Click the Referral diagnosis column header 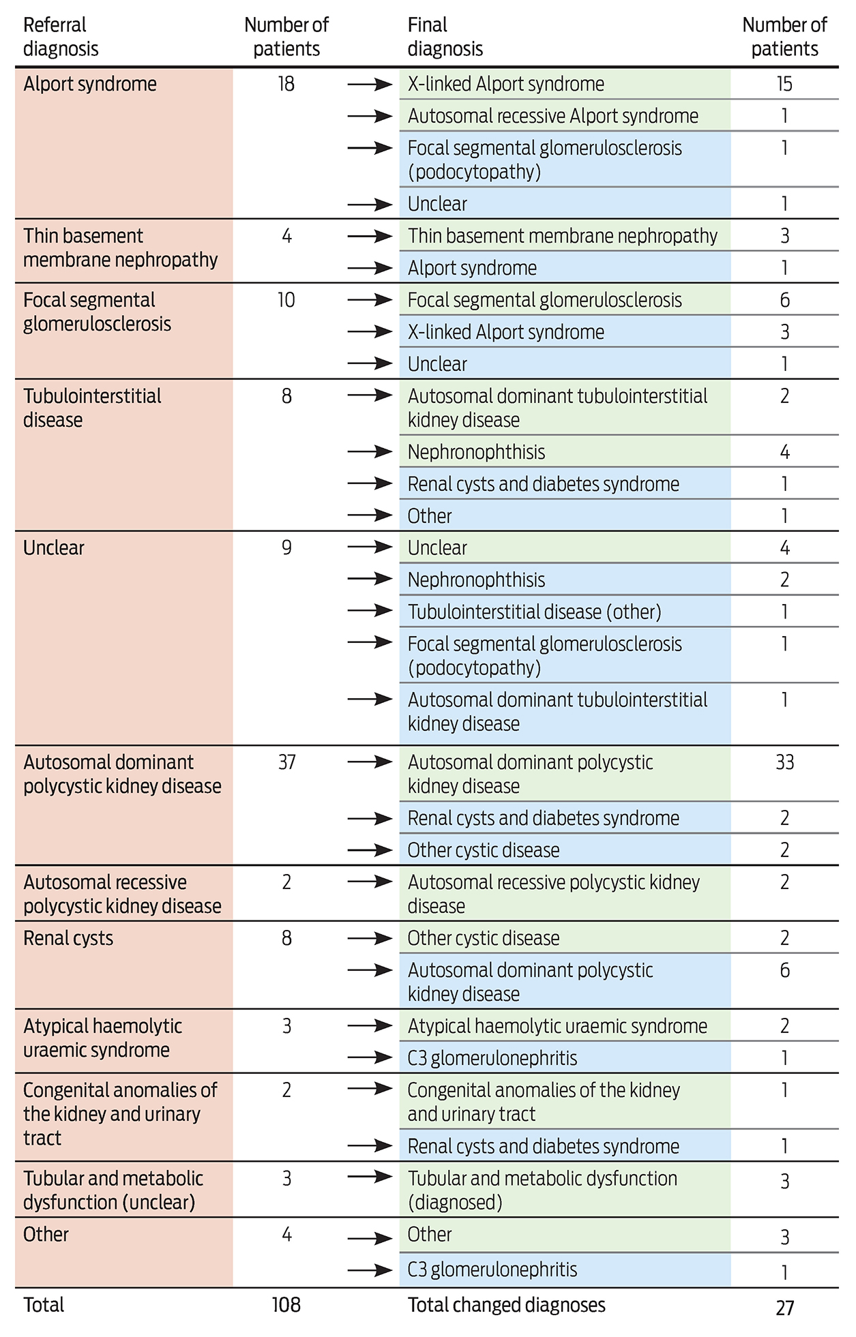coord(61,37)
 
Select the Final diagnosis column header coord(445,37)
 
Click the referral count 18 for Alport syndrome coord(286,84)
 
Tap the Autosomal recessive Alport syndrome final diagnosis coord(552,116)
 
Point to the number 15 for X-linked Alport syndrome coord(784,84)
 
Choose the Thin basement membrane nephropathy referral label coord(120,247)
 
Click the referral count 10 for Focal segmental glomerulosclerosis coord(286,300)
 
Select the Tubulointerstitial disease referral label coord(92,408)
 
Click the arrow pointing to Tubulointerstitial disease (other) coord(370,611)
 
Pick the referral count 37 coord(286,762)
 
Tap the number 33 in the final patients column coord(784,762)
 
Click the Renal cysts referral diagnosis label coord(68,938)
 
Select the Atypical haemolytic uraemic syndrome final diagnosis coord(557,1025)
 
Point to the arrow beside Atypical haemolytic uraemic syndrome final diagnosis coord(370,1025)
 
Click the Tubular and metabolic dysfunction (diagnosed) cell coord(542,1190)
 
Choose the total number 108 coord(286,1305)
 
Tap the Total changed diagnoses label coord(506,1305)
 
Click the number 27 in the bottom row coord(784,1308)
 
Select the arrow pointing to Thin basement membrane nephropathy coord(370,236)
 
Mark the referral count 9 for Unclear coord(286,547)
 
